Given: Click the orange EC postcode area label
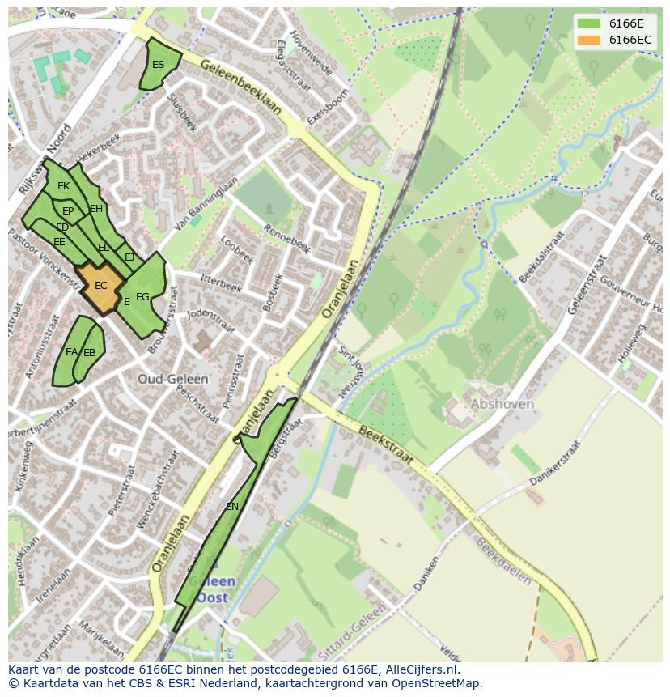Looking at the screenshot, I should [x=100, y=286].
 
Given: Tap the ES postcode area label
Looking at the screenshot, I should [x=158, y=65].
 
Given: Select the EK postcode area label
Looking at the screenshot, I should [x=63, y=186].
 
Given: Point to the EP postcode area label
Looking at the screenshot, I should [x=68, y=211].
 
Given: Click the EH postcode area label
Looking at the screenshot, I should [x=96, y=209].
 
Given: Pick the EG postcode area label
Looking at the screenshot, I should [x=142, y=297].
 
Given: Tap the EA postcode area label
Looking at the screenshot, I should [x=71, y=352].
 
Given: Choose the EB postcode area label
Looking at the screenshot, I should [x=89, y=353].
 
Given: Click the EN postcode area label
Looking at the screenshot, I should [x=232, y=507].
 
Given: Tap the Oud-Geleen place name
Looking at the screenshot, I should [x=172, y=379].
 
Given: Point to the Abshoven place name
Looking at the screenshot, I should [x=502, y=404].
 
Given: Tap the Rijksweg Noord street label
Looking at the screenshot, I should [x=45, y=159].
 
